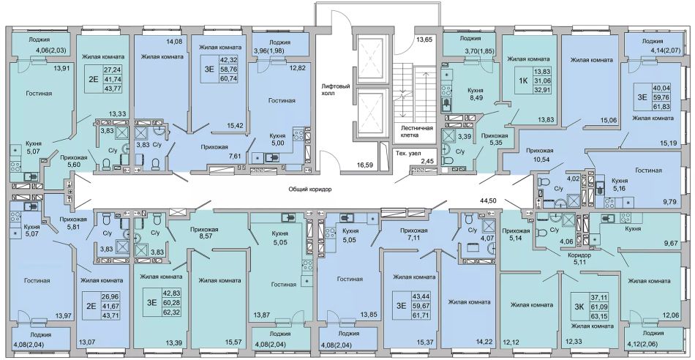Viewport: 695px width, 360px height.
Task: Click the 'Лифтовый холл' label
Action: [337, 89]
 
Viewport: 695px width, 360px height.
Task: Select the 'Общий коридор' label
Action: [310, 189]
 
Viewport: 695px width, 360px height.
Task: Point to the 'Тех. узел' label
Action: [406, 153]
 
